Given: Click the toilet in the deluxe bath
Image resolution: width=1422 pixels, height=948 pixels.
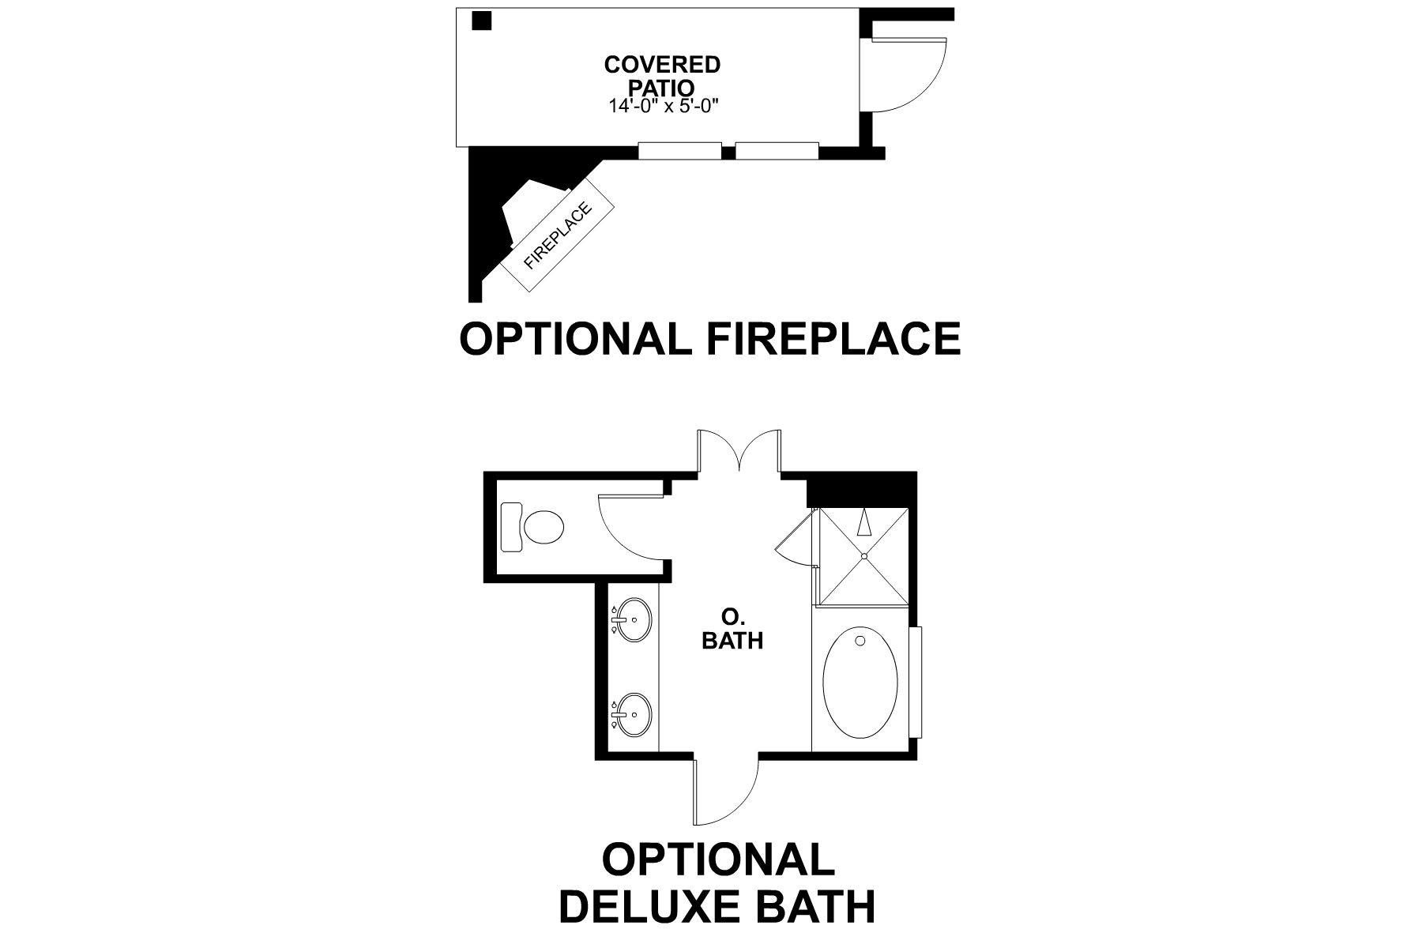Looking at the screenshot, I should click(x=536, y=527).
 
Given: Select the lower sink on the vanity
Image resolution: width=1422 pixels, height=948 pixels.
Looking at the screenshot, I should click(x=634, y=714).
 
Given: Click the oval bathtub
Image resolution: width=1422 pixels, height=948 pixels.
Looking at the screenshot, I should click(x=860, y=683).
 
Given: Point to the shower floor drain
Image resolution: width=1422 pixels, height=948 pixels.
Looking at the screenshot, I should click(x=864, y=556).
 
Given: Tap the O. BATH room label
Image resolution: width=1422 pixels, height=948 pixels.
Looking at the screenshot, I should click(x=732, y=629).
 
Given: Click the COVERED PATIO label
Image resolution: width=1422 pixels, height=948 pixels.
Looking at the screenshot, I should click(x=662, y=74).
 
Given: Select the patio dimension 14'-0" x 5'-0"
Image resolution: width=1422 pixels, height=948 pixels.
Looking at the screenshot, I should click(x=663, y=106).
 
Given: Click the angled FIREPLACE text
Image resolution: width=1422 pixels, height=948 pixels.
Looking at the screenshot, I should click(x=558, y=236).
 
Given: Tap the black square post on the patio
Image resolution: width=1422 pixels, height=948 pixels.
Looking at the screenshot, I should click(x=482, y=20).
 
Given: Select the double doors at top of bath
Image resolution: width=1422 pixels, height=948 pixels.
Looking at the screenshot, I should click(x=739, y=452).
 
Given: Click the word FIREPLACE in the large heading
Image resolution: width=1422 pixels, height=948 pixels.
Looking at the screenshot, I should click(x=833, y=339).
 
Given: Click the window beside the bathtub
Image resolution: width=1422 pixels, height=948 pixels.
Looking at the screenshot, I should click(x=916, y=681).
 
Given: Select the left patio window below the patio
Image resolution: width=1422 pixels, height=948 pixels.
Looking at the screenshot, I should click(x=679, y=150).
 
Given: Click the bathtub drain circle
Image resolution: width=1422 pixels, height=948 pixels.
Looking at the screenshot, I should click(x=860, y=641).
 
